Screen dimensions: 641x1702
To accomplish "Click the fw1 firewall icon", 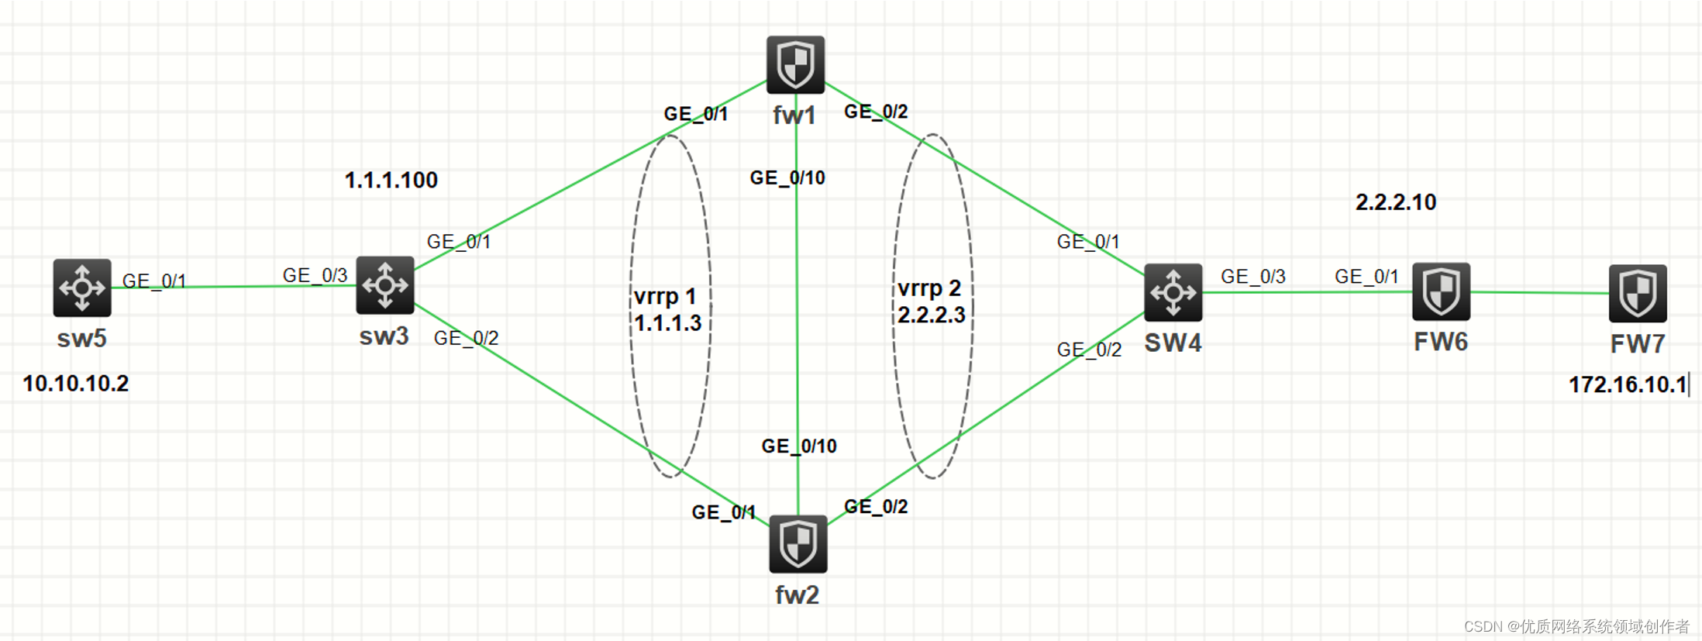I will (795, 64).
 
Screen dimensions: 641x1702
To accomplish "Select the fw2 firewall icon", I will (798, 543).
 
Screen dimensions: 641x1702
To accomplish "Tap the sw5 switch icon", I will (82, 288).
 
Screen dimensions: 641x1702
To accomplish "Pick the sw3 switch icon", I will (385, 285).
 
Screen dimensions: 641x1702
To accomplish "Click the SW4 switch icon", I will (1173, 292).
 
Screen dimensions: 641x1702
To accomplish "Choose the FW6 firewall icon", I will (1441, 291).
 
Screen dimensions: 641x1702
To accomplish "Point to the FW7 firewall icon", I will (1637, 293).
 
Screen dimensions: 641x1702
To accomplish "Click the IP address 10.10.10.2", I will (76, 384).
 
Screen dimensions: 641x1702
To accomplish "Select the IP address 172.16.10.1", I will (1628, 384).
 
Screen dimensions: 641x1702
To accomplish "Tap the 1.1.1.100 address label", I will (391, 181).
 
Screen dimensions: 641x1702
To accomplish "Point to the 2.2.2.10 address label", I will (1395, 202).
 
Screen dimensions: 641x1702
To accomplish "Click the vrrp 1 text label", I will (665, 297).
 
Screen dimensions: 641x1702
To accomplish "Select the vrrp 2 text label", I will (929, 288).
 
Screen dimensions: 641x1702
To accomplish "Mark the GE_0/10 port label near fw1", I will (787, 178).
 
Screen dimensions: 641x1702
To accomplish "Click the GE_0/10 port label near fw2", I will (799, 446).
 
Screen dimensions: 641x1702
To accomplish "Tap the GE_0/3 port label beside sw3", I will (315, 275).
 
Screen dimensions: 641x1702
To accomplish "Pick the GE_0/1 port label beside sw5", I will (154, 281).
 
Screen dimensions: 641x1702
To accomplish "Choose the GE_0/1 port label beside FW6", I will (1366, 277).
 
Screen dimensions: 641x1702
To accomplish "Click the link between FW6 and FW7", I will (1539, 293).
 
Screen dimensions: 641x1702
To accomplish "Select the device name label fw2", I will (798, 595).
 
